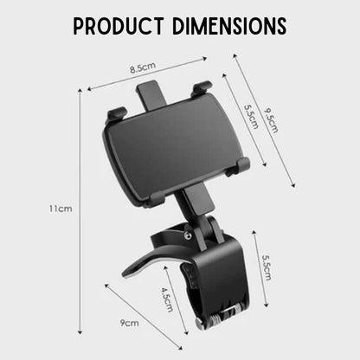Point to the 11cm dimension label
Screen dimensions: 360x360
59,208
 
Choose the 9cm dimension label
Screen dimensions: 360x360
131,324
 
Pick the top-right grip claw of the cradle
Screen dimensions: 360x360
202,87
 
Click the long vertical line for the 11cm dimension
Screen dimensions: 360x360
84,208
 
